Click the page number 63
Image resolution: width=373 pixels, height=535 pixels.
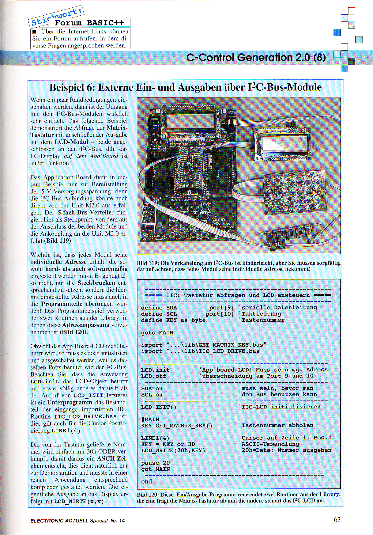click(x=337, y=519)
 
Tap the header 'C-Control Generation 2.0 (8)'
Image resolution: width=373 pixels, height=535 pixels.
click(x=256, y=57)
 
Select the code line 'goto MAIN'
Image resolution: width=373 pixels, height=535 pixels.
click(x=157, y=332)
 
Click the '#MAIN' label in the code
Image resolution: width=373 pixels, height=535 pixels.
click(x=150, y=419)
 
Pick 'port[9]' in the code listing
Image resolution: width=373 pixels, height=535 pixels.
click(x=221, y=307)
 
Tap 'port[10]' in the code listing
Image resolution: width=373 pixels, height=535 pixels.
click(x=220, y=314)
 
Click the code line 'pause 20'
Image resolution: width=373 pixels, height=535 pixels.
click(x=155, y=463)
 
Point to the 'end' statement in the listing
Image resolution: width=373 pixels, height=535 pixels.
click(x=146, y=481)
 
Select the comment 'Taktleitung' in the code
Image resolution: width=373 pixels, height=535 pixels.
click(x=261, y=314)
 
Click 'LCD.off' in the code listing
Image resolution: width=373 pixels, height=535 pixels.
click(x=153, y=376)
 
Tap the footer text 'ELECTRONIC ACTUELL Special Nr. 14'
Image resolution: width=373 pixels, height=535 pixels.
click(x=78, y=521)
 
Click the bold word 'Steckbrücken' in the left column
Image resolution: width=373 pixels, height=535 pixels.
click(x=96, y=283)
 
